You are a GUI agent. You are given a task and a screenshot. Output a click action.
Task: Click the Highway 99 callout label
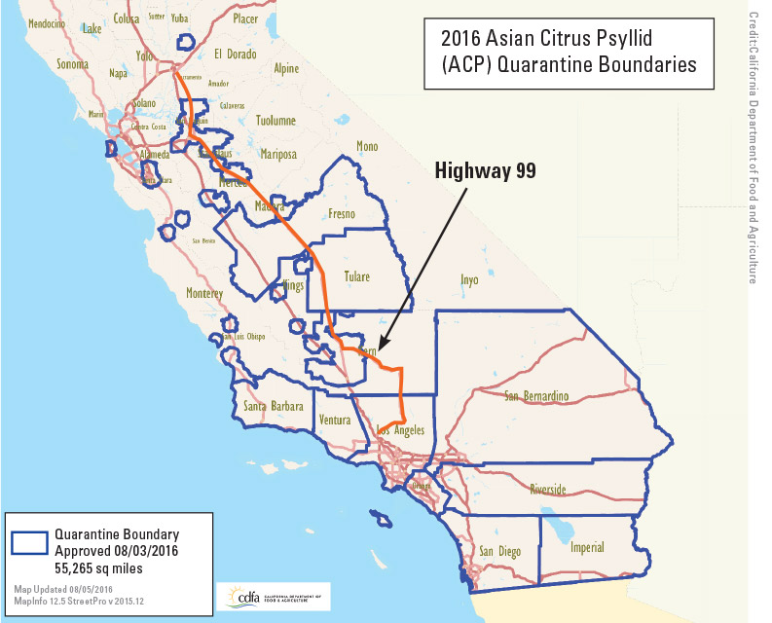[x=486, y=171]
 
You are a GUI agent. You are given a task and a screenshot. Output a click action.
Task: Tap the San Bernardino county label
[x=536, y=396]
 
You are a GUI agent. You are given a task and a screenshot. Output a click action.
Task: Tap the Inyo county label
[x=469, y=279]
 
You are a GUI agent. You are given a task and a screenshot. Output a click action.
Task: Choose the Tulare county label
[x=356, y=276]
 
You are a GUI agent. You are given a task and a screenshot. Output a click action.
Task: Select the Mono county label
[x=367, y=147]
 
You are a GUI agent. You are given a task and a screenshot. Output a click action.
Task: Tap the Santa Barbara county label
[x=274, y=406]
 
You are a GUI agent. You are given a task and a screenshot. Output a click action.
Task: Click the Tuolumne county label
[x=275, y=122]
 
